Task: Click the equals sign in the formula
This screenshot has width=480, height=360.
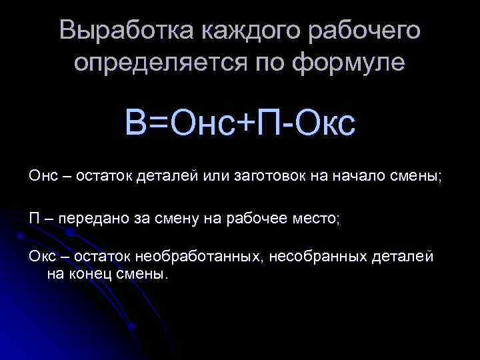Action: (160, 123)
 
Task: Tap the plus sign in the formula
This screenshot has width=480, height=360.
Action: (251, 123)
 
